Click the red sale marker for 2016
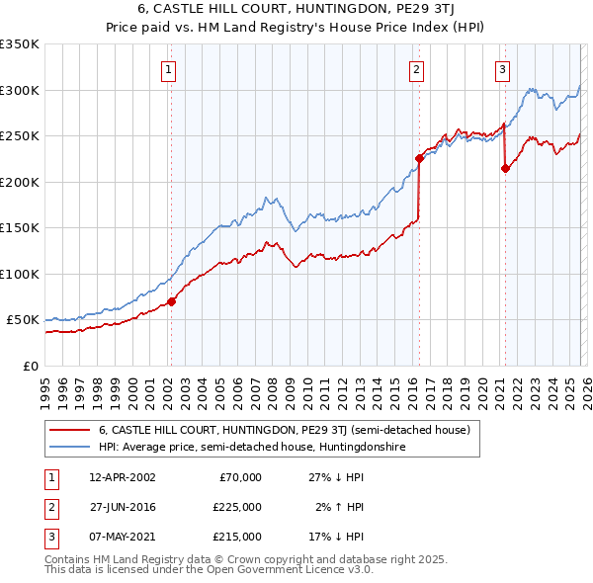419,158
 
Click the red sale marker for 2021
505,168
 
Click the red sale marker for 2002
171,301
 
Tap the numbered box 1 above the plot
170,69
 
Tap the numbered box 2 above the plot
417,69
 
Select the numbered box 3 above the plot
503,69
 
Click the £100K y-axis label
20,274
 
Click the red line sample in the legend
69,430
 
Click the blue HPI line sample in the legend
69,447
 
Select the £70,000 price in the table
240,477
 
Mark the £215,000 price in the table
237,537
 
